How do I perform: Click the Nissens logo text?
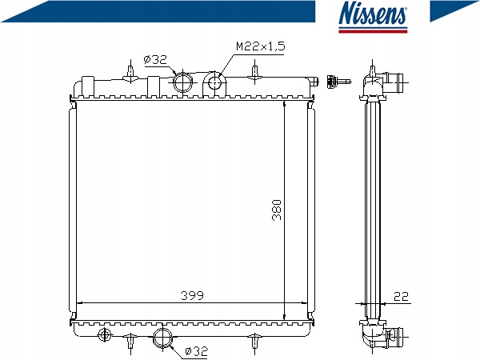pos(373,13)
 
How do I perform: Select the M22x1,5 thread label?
pos(261,46)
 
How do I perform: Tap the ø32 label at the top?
pos(155,59)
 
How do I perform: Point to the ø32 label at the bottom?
pos(197,351)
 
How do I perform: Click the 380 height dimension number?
pos(277,210)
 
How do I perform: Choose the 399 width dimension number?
pos(192,295)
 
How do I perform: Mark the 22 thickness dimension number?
pos(401,296)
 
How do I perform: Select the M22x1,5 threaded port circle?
pos(215,82)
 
